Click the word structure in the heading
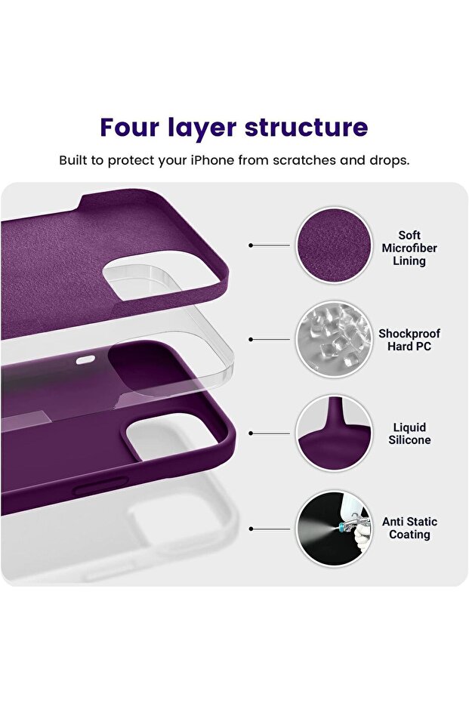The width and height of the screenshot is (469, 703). coord(306,127)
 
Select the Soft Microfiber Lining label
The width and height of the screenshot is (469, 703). coord(409,248)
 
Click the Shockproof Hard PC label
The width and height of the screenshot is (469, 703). coord(409,340)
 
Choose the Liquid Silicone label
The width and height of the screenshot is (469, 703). coord(409,433)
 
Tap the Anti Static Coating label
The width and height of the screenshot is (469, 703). coord(409,528)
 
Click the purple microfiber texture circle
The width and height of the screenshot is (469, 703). coord(334,245)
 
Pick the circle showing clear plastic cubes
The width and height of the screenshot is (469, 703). coord(334,339)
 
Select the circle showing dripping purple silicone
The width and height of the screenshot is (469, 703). coord(334,433)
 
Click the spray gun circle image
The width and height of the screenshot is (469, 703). coord(334,529)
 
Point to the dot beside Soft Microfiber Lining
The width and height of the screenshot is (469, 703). coord(251,245)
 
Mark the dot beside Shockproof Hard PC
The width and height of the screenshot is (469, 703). coord(251,339)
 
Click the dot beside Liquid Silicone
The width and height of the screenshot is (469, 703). coord(251,433)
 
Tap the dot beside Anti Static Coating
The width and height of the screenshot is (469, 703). coord(251,529)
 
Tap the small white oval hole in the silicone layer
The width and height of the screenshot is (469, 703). coord(85,359)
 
